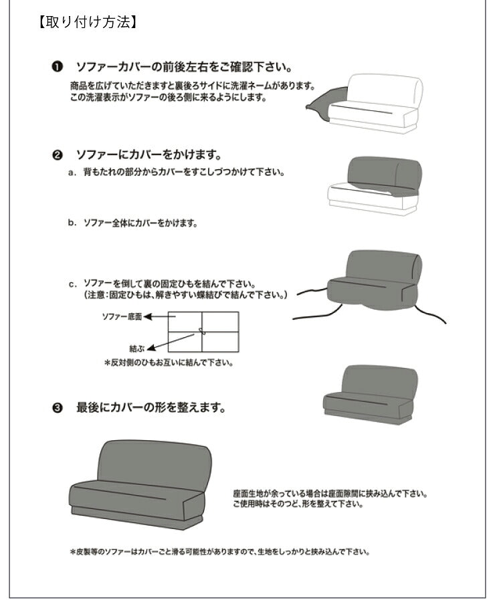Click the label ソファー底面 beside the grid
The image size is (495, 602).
tap(122, 316)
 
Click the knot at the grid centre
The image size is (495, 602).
tap(202, 331)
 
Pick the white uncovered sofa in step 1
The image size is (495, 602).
tap(378, 104)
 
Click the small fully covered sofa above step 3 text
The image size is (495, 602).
tap(371, 395)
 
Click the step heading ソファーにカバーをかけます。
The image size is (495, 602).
tap(148, 155)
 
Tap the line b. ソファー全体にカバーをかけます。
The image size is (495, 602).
tap(132, 223)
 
